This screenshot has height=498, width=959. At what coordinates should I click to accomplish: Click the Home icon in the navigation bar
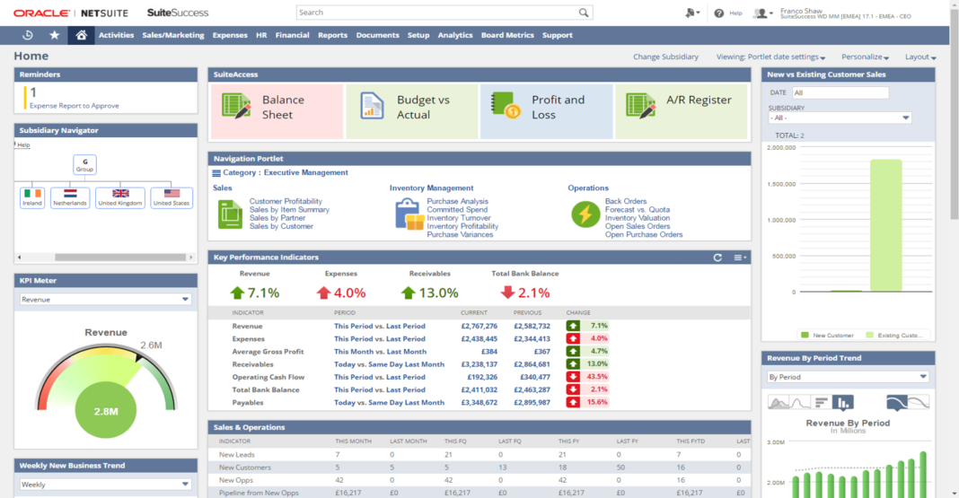pos(81,35)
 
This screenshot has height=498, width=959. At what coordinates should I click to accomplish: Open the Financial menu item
pos(292,35)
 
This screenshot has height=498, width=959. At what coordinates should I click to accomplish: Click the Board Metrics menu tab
pos(507,35)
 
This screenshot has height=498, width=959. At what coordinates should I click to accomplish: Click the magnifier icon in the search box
pos(584,13)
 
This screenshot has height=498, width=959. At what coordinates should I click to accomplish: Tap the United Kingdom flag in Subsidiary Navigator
pos(120,197)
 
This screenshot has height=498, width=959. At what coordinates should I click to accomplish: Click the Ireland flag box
pos(32,197)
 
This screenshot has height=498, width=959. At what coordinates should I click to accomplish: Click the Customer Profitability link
pos(286,202)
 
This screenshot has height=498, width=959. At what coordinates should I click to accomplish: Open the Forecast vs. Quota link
pos(638,210)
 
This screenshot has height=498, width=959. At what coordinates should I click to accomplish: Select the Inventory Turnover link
pos(460,218)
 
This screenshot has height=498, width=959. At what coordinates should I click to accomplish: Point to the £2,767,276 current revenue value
pos(479,326)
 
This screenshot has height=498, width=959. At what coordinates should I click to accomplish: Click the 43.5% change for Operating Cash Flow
pos(596,377)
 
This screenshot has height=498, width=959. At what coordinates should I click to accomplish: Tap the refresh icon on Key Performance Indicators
pos(717,258)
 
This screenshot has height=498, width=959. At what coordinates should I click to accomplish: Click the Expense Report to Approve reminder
pos(75,106)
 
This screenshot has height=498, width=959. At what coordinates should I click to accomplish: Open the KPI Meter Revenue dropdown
pos(106,300)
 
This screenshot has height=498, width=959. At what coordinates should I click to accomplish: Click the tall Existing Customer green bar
pos(885,225)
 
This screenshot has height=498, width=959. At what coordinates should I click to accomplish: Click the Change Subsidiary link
pos(665,57)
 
